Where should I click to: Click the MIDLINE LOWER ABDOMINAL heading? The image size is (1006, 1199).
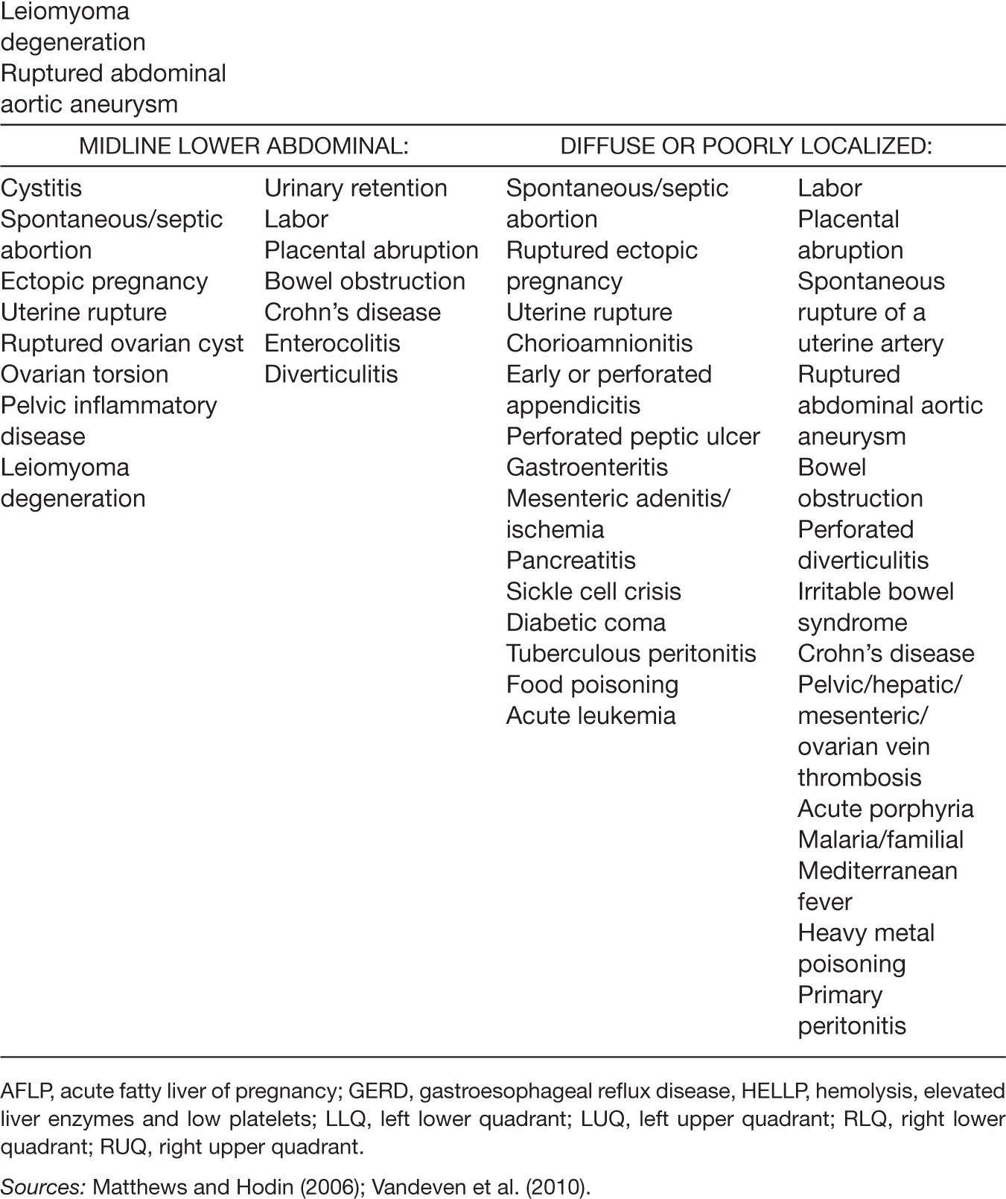[x=243, y=145]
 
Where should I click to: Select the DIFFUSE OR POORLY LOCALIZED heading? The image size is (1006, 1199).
[x=746, y=145]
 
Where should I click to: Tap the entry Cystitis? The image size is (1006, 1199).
[x=42, y=188]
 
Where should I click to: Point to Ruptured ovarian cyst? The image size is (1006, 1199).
[x=122, y=343]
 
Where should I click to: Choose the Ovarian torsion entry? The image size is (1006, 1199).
[x=85, y=374]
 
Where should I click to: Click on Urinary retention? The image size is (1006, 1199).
[x=356, y=188]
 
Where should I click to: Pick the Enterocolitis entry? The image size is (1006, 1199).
[x=332, y=343]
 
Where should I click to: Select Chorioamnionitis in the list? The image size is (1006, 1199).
[x=599, y=343]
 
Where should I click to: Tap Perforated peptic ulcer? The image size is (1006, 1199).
[x=633, y=436]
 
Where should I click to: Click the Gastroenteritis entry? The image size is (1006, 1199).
[x=588, y=467]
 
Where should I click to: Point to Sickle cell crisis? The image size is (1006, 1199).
[x=593, y=591]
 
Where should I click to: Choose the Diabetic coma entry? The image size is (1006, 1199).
[x=586, y=623]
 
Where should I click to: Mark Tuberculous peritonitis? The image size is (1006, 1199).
[x=631, y=653]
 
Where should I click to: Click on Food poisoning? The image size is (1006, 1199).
[x=592, y=684]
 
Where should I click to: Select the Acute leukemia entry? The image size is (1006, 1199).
[x=591, y=716]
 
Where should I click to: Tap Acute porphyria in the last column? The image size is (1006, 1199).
[x=885, y=809]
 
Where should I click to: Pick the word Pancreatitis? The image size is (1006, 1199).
[x=571, y=560]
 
